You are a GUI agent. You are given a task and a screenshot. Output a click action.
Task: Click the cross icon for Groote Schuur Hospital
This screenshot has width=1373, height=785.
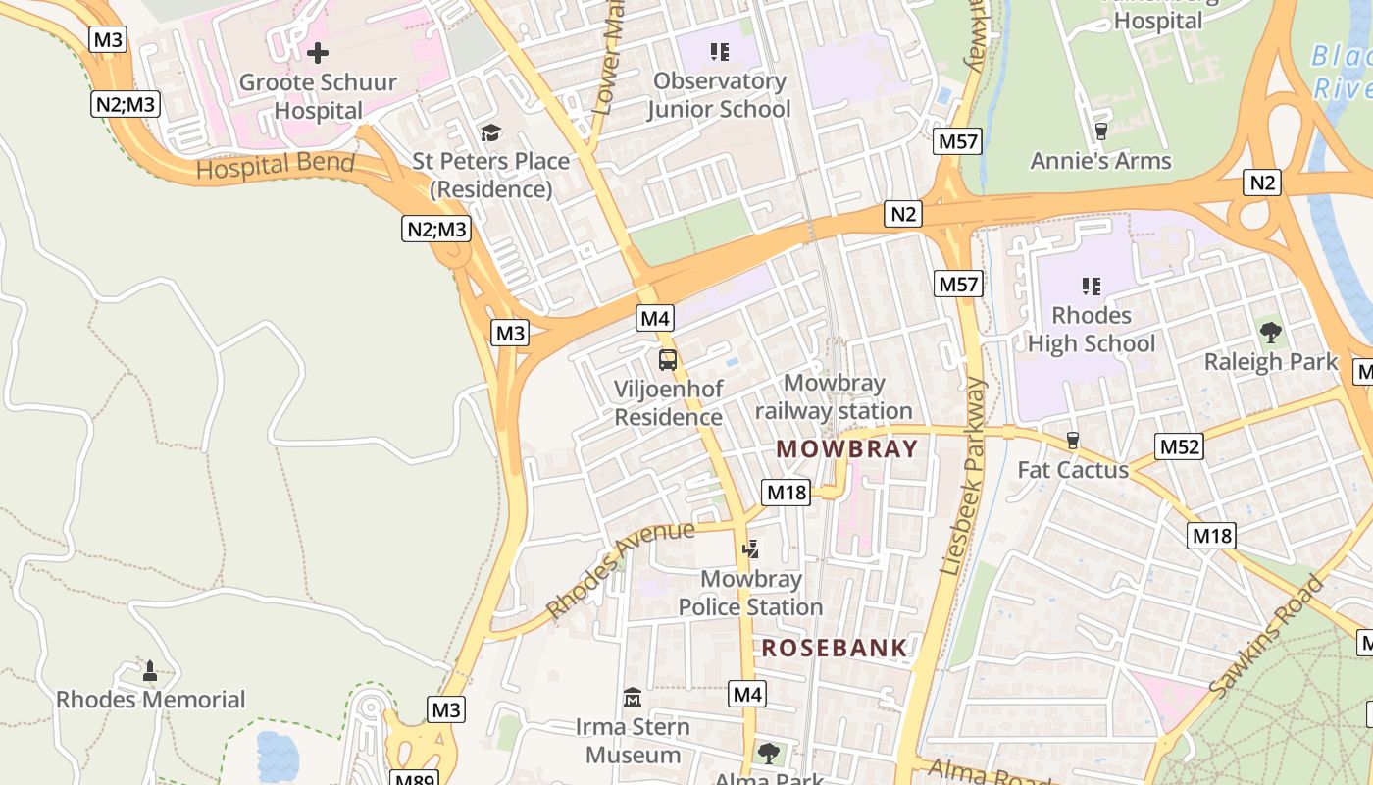318,53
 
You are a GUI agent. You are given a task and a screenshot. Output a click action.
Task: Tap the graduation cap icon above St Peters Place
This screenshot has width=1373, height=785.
490,132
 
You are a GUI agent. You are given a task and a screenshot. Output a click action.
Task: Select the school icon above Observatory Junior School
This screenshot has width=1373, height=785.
720,51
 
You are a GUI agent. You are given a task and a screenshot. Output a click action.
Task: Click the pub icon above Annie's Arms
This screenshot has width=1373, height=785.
1100,131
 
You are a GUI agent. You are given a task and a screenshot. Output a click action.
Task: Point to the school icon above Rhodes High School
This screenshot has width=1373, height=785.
1091,286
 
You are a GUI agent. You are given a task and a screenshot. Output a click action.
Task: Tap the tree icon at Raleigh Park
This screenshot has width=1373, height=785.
1271,333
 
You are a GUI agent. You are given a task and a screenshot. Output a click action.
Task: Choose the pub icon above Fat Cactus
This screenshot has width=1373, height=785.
1072,441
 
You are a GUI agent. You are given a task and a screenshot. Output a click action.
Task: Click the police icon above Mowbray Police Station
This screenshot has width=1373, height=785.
750,549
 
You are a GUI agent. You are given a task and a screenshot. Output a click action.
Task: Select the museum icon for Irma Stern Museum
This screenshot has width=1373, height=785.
633,698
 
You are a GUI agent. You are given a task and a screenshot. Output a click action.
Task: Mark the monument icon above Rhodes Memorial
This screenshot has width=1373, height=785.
150,671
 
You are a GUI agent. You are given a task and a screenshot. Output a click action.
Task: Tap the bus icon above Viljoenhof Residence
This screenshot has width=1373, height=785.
668,359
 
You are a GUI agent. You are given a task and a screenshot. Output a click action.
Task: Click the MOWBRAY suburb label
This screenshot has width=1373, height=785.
847,449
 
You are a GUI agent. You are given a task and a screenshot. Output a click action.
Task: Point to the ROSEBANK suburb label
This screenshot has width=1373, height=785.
835,648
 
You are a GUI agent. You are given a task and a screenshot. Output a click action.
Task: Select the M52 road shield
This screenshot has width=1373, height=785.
1179,447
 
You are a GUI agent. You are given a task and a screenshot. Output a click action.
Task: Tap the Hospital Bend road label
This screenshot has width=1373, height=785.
276,166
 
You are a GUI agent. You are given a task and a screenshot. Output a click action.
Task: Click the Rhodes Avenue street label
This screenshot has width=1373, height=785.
620,570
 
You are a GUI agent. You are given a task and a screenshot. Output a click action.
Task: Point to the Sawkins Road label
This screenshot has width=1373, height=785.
1265,638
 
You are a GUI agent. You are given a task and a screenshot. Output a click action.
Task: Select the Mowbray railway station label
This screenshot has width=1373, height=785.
834,396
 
